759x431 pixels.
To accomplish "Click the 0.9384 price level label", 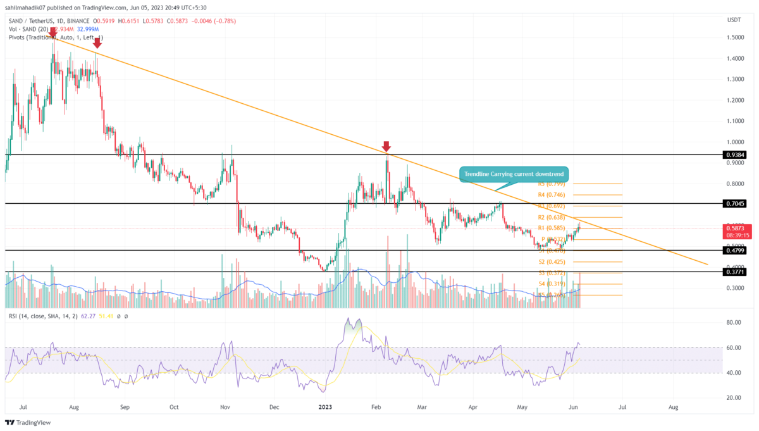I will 735,154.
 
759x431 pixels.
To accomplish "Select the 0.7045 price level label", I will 735,204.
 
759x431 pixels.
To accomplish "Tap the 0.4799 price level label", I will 735,251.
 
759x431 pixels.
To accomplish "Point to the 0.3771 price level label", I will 735,272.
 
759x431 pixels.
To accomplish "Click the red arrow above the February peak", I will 386,146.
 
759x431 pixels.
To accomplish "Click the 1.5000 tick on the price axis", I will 734,37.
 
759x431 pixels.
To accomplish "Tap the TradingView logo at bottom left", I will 28,422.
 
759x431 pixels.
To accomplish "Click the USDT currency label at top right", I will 735,19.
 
